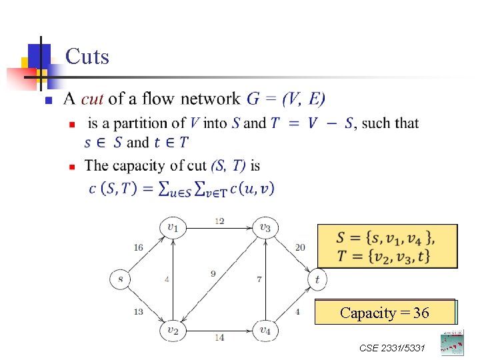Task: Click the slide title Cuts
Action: coord(87,57)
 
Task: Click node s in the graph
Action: coord(120,279)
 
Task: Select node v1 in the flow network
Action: coord(172,228)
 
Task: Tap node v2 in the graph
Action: coord(172,330)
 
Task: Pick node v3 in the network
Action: coord(265,228)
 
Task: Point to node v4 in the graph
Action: coord(265,330)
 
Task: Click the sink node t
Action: coord(317,279)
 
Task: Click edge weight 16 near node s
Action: coord(138,247)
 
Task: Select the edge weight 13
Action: coord(138,311)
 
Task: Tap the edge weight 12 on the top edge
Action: coord(219,221)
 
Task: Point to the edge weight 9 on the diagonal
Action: coord(213,273)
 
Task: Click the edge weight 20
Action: coord(300,247)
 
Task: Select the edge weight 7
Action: coord(259,279)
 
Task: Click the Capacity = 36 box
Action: coord(385,313)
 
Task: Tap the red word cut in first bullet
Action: coord(92,99)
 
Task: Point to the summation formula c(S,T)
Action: coord(181,189)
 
